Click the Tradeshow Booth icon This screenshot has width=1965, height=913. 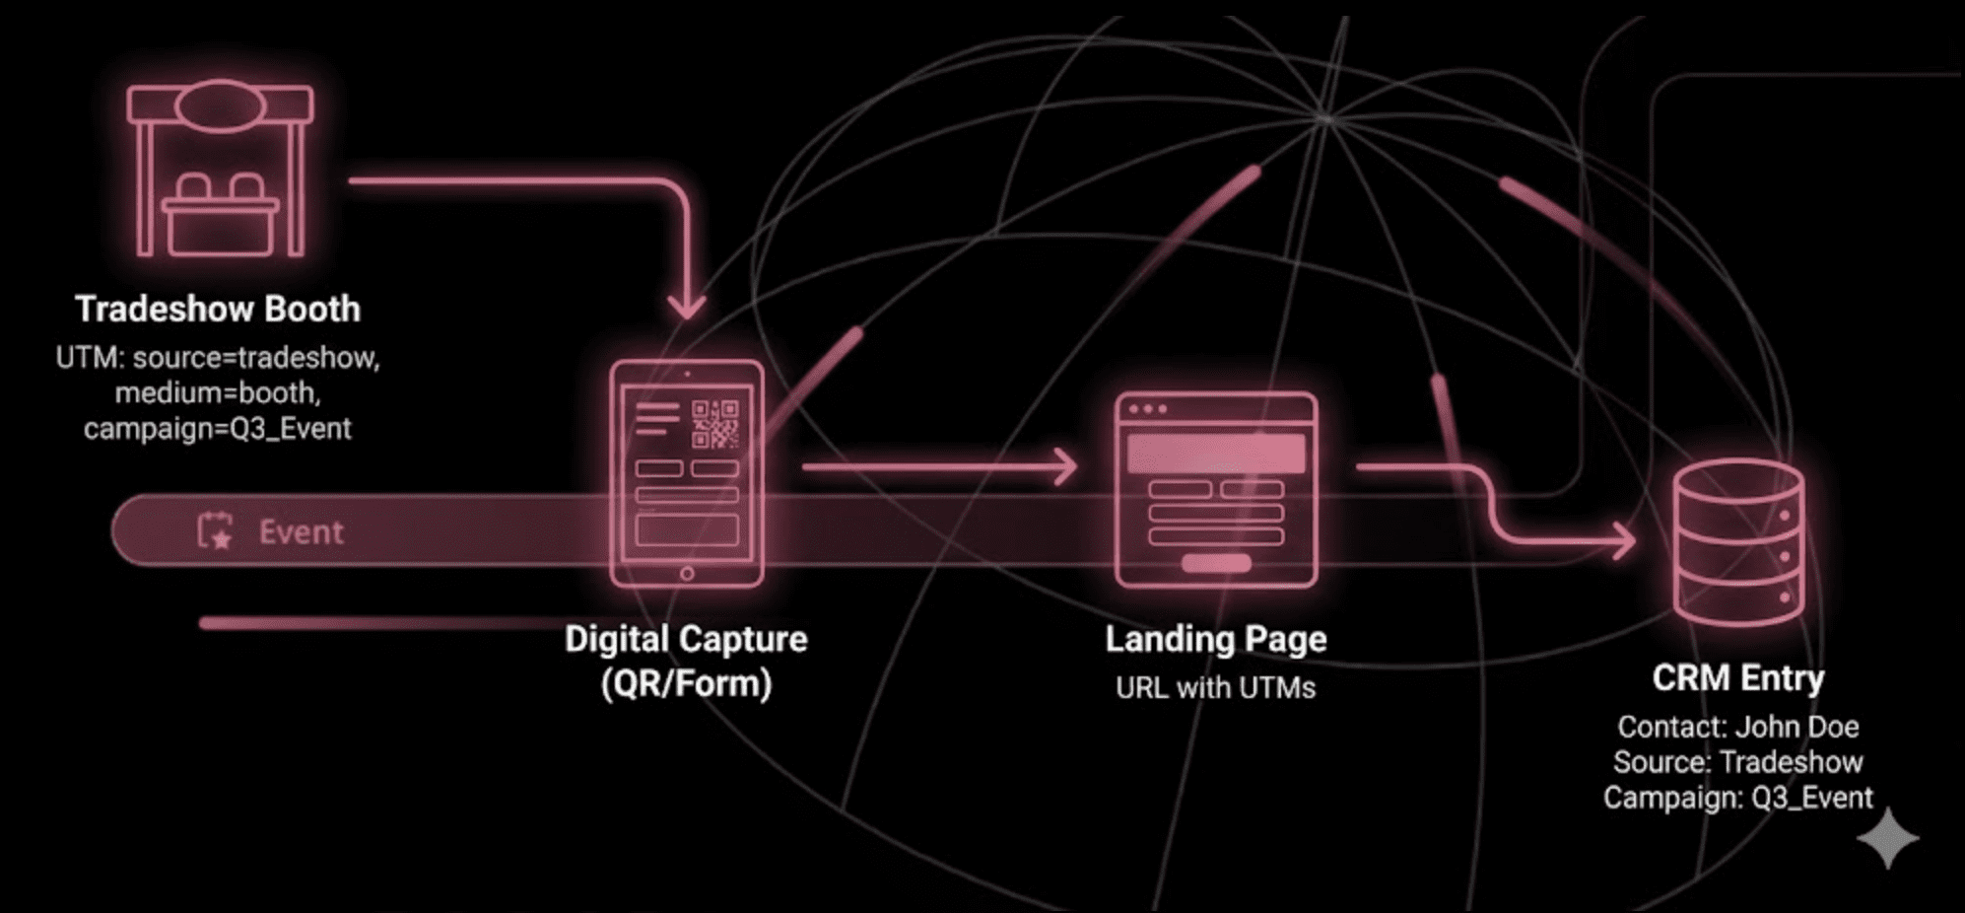coord(220,170)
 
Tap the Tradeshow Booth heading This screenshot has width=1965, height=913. coord(218,309)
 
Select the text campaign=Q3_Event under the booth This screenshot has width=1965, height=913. coord(218,429)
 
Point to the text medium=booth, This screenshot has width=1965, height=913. coord(218,392)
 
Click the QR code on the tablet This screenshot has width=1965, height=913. coord(714,424)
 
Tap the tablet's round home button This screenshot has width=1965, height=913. coord(687,573)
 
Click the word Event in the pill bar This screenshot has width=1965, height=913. coord(301,532)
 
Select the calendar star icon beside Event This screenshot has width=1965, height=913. coord(215,530)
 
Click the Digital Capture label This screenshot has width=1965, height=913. coord(686,639)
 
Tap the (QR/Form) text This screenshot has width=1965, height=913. coord(686,683)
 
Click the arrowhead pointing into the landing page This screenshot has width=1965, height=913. coord(1064,466)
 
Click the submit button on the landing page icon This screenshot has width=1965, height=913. coord(1216,563)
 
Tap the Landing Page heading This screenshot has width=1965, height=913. coord(1216,639)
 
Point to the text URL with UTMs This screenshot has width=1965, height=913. coord(1216,687)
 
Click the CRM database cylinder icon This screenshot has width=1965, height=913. coord(1739,542)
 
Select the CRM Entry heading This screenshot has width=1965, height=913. coord(1738,678)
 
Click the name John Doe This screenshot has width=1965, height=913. coord(1796,727)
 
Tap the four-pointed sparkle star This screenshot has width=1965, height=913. coord(1887,838)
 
